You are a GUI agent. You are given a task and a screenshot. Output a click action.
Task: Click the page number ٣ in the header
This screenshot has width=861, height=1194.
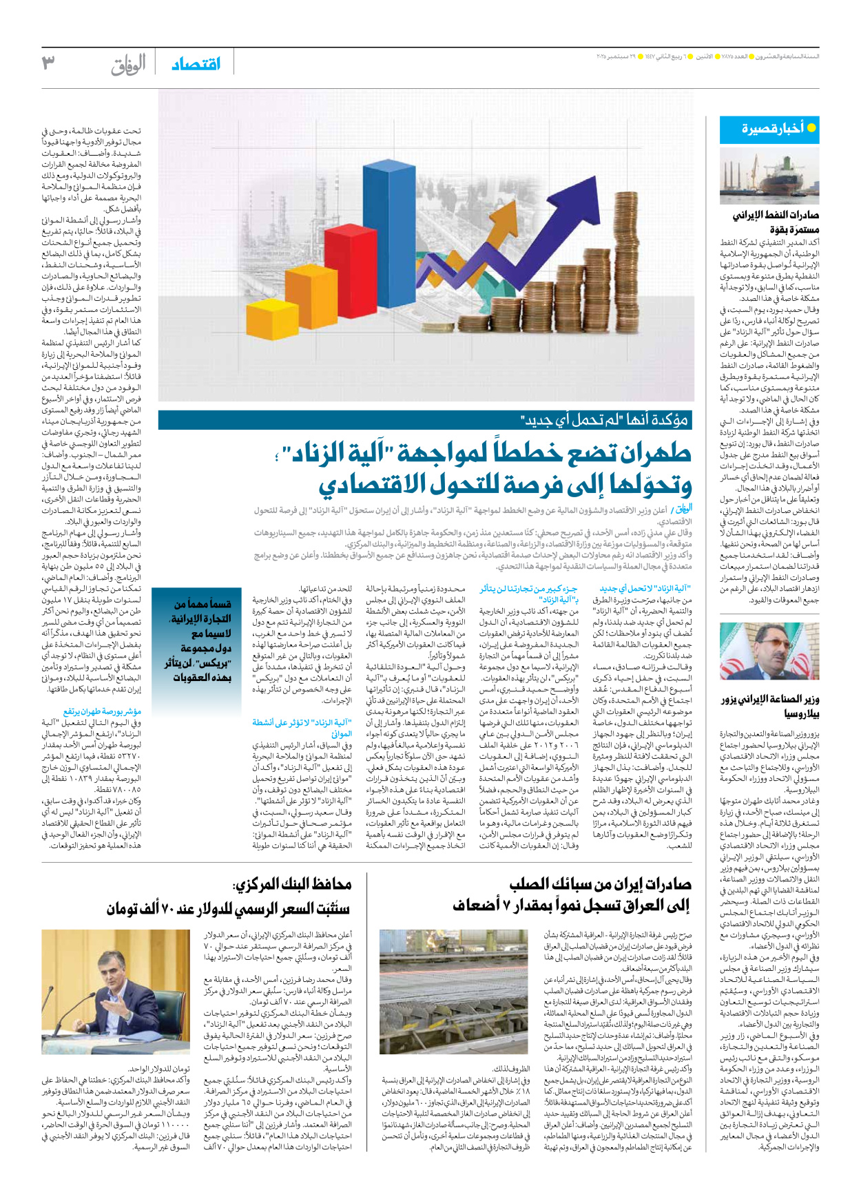click(x=48, y=63)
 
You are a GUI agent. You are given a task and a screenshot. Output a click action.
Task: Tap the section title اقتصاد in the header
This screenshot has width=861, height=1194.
click(x=196, y=64)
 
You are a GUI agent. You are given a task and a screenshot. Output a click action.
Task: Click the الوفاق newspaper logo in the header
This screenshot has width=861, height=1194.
click(x=129, y=65)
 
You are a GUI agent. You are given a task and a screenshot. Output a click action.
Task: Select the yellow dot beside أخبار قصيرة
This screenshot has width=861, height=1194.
click(x=811, y=127)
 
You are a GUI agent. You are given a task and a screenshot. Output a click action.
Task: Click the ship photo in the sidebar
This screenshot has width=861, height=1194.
click(x=769, y=175)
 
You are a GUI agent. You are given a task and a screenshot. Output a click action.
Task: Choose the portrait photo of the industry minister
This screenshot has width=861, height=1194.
click(x=769, y=651)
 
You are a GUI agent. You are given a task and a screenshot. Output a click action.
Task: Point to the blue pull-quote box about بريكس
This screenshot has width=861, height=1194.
click(x=192, y=640)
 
